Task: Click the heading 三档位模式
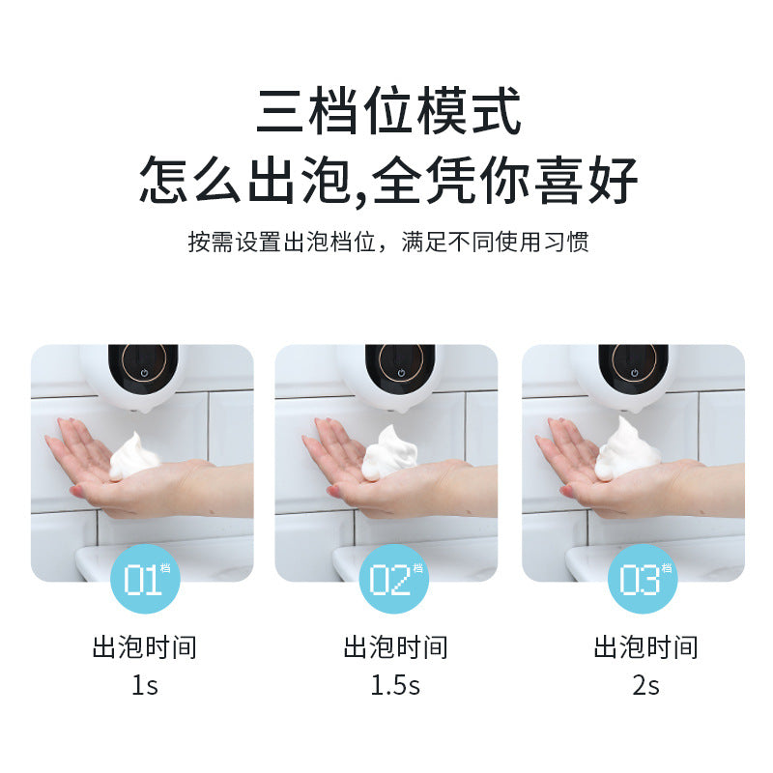[x=388, y=111]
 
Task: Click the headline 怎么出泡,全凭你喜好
[x=388, y=179]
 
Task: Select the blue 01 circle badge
[x=144, y=580]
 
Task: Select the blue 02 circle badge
[x=392, y=580]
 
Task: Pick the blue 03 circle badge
[x=641, y=580]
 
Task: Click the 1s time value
[x=144, y=685]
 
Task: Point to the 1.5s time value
[x=395, y=685]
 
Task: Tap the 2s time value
[x=645, y=685]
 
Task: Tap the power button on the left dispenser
[x=144, y=372]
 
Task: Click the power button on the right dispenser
[x=634, y=372]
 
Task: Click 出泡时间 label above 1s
[x=144, y=646]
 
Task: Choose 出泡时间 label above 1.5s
[x=395, y=646]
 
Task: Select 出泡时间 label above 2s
[x=645, y=646]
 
